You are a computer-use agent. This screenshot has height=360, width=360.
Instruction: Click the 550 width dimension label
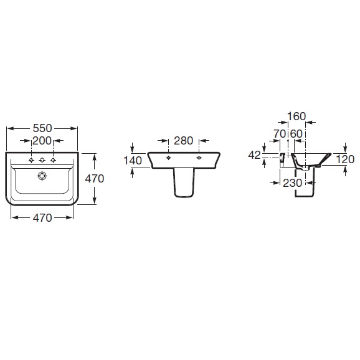click(42, 128)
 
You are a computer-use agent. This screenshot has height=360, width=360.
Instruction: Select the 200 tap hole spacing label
click(42, 141)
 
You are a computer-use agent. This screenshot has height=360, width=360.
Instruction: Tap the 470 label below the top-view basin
click(42, 217)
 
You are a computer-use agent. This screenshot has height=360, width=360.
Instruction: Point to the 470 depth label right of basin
click(95, 179)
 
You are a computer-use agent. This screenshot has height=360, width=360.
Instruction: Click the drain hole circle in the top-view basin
click(42, 176)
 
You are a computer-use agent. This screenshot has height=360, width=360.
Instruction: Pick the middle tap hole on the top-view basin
click(42, 160)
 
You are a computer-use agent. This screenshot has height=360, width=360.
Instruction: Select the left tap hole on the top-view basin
click(32, 160)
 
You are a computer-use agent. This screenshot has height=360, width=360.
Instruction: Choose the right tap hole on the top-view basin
click(54, 160)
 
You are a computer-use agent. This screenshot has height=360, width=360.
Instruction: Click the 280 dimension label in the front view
click(183, 141)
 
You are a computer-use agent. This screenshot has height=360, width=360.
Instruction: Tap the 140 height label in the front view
click(133, 160)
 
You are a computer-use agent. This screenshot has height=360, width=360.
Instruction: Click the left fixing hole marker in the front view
click(169, 158)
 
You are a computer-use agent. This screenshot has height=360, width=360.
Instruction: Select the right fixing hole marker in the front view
click(199, 158)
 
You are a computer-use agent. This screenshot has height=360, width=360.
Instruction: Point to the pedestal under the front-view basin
click(184, 182)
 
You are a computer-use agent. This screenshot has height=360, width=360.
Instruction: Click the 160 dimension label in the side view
click(296, 116)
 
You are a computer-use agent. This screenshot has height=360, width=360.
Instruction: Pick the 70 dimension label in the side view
click(280, 134)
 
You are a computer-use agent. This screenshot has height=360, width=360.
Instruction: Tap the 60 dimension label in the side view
click(296, 134)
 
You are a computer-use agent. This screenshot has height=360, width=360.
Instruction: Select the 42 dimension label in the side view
click(254, 155)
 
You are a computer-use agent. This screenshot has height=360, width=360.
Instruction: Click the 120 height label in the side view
click(345, 159)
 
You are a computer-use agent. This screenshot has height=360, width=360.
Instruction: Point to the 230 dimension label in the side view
click(292, 182)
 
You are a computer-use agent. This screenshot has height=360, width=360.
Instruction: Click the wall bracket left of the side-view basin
click(282, 159)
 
